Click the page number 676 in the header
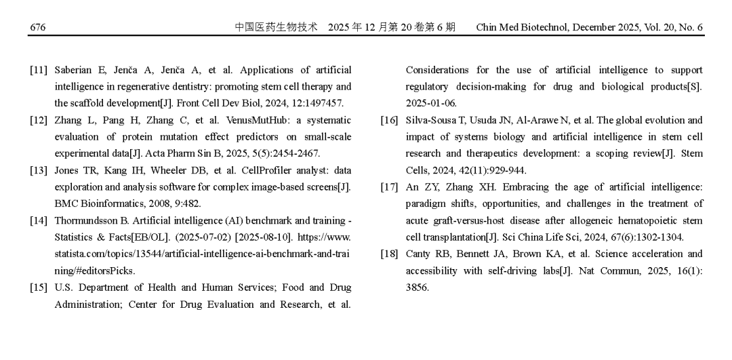(37, 28)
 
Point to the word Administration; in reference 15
(88, 304)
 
